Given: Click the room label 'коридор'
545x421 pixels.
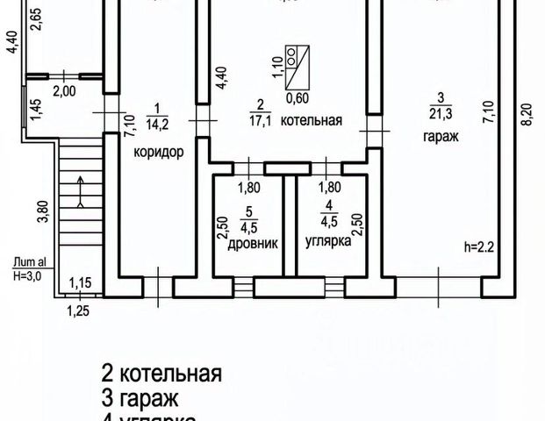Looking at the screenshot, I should [x=158, y=152].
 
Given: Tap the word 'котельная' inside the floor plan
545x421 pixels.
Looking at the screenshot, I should [x=311, y=121].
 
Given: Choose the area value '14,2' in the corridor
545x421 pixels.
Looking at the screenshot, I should [x=158, y=121].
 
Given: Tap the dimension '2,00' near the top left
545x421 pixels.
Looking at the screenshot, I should [x=63, y=91].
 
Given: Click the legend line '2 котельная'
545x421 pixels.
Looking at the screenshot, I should [x=161, y=373].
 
